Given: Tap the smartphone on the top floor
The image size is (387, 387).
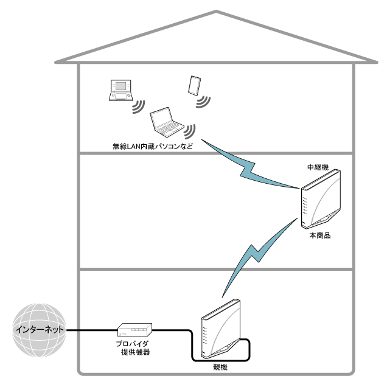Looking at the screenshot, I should (195, 85).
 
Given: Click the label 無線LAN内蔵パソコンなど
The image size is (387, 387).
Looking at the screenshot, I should (149, 146).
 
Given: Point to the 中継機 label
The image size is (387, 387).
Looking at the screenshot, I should (318, 166).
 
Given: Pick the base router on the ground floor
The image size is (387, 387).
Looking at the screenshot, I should (221, 332).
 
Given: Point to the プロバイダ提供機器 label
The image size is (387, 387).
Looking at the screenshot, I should (133, 348).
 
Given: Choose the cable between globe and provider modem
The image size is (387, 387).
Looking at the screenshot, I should (91, 330).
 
